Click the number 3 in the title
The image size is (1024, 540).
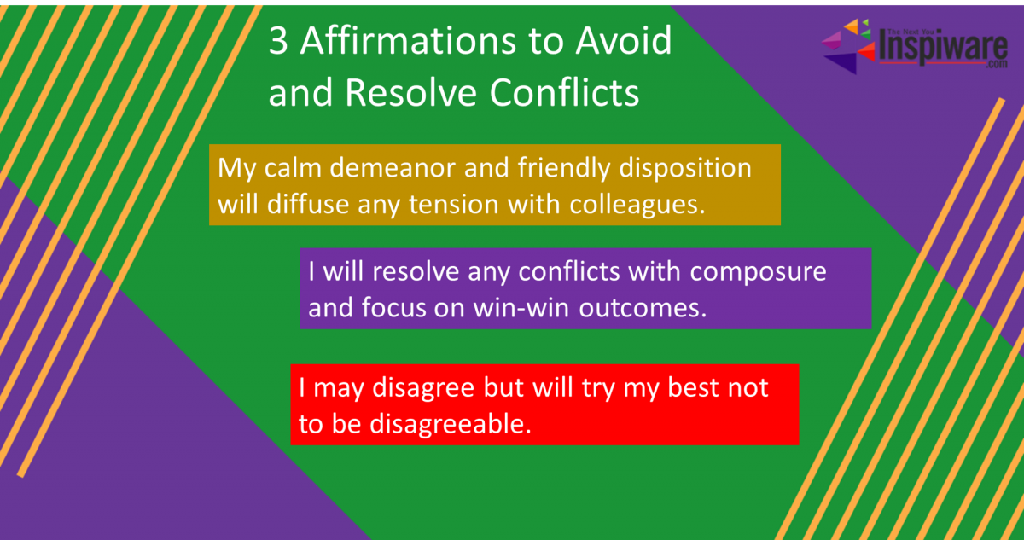point(278,41)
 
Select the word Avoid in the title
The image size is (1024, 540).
point(624,40)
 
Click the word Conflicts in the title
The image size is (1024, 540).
point(564,92)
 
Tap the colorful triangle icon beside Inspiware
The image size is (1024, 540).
point(849,46)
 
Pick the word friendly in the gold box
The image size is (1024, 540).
point(564,169)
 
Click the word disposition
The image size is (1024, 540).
point(685,169)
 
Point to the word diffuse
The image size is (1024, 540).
point(308,204)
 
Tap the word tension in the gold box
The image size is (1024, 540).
point(453,205)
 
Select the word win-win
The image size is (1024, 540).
point(521,308)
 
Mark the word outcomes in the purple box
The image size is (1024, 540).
point(643,308)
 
